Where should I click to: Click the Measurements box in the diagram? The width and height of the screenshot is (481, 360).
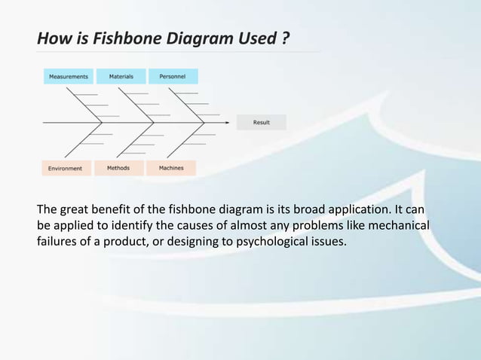(69, 76)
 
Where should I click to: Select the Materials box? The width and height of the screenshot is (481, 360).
(121, 76)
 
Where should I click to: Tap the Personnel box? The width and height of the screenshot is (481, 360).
(173, 76)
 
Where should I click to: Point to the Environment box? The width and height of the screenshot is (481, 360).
(66, 168)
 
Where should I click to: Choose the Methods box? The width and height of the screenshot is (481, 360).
(118, 168)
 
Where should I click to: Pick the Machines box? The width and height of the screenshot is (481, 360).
(171, 168)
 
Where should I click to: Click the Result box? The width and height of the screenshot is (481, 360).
(261, 122)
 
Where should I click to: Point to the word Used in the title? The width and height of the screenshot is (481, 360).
(256, 37)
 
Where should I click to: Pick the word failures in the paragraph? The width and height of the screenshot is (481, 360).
(59, 242)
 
